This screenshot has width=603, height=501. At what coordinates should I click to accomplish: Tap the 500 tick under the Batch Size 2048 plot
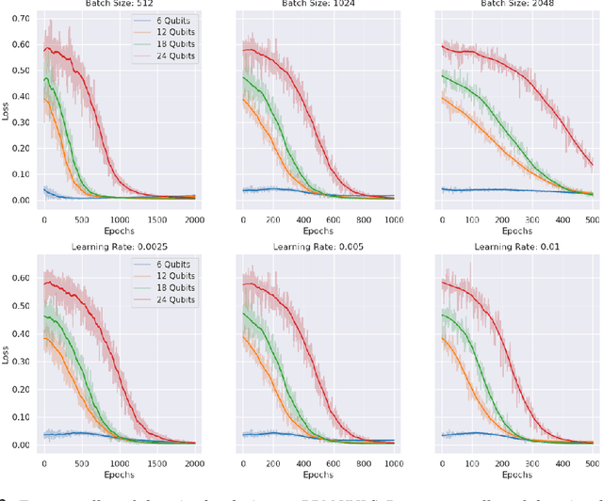coord(590,218)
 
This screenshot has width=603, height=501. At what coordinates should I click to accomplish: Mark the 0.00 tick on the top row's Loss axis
coord(17,200)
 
